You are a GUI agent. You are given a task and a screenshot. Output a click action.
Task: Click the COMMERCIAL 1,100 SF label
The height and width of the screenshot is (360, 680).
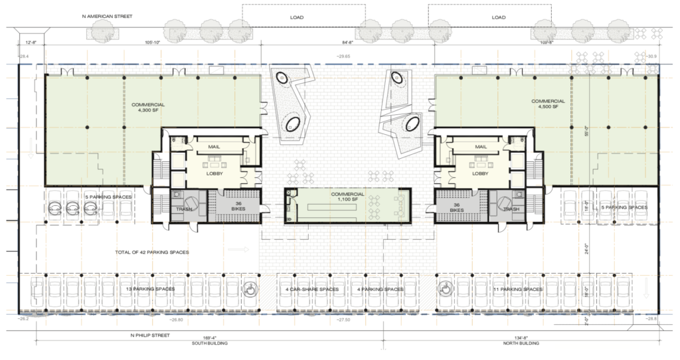[348, 197]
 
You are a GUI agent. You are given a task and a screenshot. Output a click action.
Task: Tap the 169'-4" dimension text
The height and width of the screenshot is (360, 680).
[211, 336]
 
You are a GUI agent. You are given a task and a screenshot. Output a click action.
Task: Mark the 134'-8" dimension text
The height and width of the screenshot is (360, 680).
[521, 336]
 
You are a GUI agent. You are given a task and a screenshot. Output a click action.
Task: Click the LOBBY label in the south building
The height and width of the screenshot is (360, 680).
[214, 174]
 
